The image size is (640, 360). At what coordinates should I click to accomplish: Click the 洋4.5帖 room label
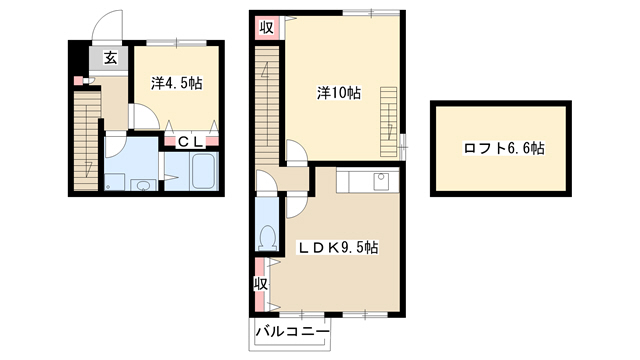(176, 83)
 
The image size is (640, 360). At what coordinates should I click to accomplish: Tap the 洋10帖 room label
(339, 93)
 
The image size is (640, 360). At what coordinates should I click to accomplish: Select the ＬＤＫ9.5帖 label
(338, 248)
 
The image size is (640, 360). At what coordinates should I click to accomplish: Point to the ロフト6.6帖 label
(504, 148)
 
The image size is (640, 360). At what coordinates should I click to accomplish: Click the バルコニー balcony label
(292, 331)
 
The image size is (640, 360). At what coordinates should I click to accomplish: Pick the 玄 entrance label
(110, 58)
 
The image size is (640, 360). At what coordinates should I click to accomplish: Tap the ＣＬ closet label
(191, 142)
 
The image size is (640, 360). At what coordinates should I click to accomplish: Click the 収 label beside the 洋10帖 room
(267, 28)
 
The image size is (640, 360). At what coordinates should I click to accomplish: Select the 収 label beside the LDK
(260, 284)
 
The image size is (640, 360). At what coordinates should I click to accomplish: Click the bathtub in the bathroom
(202, 171)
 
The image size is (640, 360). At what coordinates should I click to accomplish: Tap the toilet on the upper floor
(268, 238)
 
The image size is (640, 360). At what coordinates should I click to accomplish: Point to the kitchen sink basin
(381, 180)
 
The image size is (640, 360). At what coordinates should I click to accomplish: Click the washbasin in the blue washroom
(143, 186)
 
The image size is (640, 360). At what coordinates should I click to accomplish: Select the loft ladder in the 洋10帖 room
(389, 122)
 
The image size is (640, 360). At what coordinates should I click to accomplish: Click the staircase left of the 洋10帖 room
(267, 106)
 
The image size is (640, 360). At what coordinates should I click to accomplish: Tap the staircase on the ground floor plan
(87, 140)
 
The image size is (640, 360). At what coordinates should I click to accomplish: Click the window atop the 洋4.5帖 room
(177, 42)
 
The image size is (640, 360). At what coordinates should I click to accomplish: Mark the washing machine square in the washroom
(114, 182)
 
